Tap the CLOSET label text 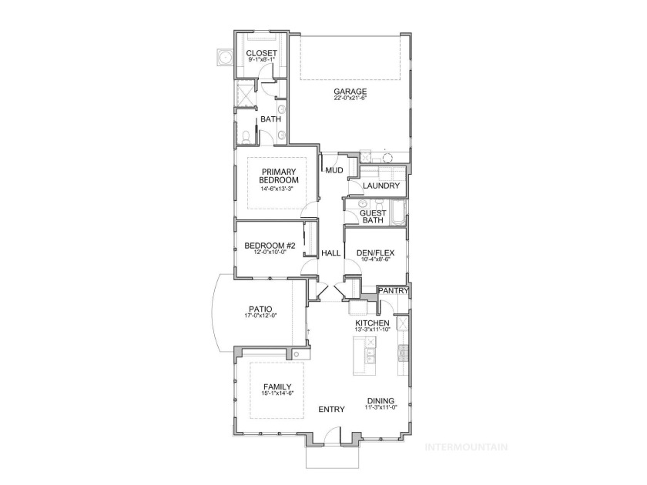(261, 53)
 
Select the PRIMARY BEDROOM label (279, 176)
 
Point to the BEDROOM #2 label (270, 246)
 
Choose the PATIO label (260, 309)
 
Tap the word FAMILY (277, 386)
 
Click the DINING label (380, 400)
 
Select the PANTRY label (394, 291)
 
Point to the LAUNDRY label (380, 186)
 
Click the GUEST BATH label (373, 216)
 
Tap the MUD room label (334, 170)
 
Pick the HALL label (331, 253)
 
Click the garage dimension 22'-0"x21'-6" (350, 99)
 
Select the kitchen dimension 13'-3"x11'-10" (372, 329)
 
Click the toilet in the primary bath (246, 137)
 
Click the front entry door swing (331, 435)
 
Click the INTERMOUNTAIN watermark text (466, 447)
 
